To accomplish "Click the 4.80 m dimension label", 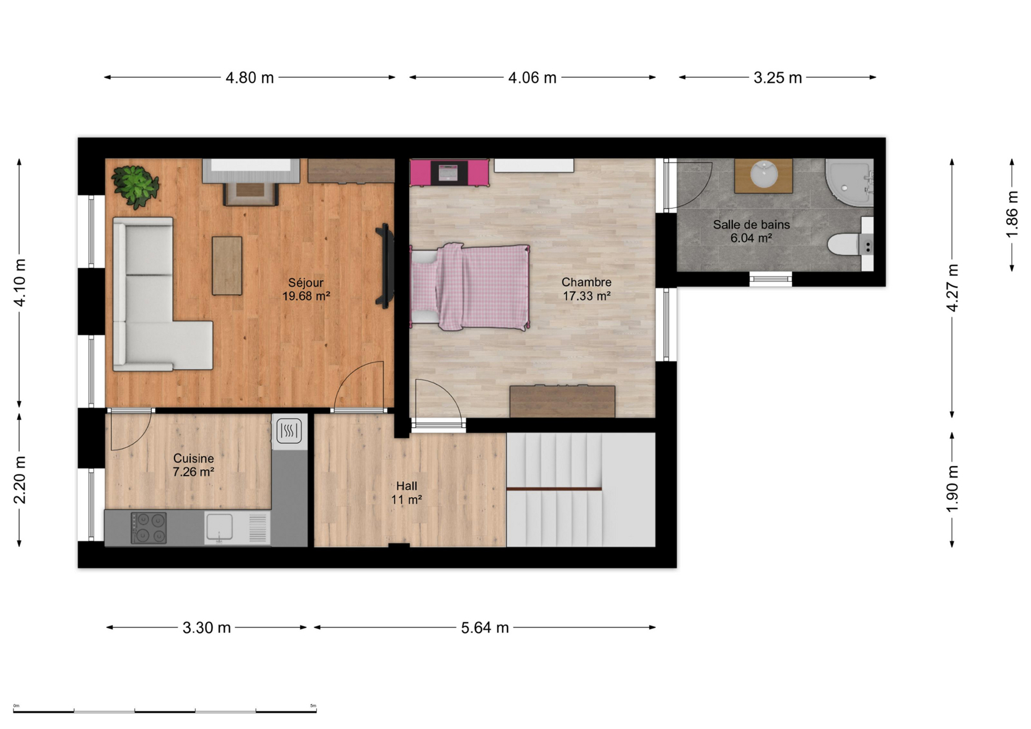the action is click(x=249, y=78).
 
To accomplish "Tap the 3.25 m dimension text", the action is click(x=778, y=78).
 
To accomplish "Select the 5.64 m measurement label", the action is click(x=484, y=628).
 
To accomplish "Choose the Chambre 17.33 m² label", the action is click(x=587, y=289).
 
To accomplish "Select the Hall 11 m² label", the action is click(x=407, y=493).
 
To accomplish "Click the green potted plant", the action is click(x=136, y=187).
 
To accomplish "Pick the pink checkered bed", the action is click(x=469, y=287).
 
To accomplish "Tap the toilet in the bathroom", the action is click(x=849, y=244).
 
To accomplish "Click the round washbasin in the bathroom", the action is click(x=764, y=175).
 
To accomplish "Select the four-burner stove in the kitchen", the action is click(x=149, y=528).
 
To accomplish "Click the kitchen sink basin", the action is click(x=219, y=527).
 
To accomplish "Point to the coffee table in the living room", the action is click(x=227, y=265).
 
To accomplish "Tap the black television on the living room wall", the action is click(x=385, y=265).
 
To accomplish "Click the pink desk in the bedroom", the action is click(x=449, y=173).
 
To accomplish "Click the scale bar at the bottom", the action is click(x=165, y=711).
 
